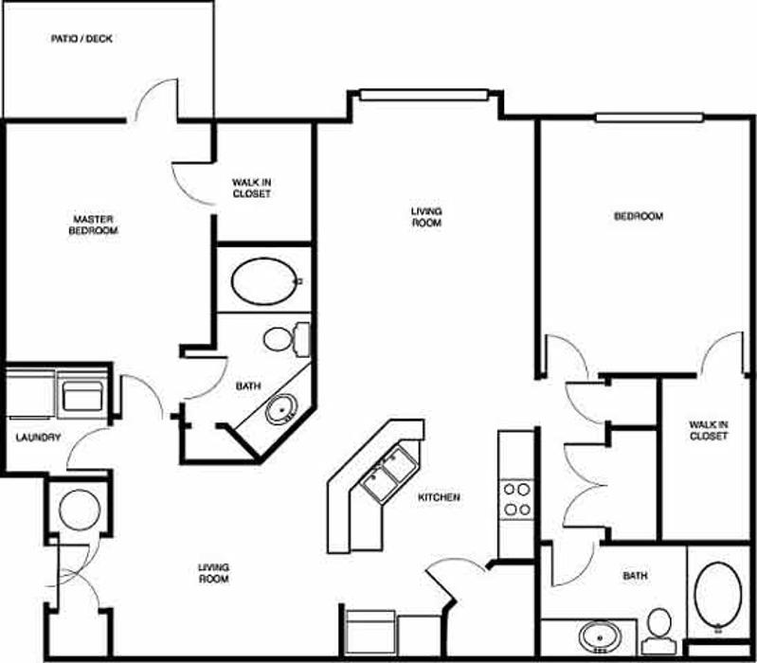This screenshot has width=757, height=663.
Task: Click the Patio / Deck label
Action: (81, 39)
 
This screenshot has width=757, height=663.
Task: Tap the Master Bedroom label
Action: (93, 224)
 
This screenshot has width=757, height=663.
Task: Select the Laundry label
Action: (39, 438)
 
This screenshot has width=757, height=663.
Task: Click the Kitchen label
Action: (439, 497)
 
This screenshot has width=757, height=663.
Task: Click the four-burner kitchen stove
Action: (516, 499)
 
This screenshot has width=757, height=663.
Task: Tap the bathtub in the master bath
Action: (263, 281)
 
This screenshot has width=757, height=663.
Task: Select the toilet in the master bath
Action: (286, 339)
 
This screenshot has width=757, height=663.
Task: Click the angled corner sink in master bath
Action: (280, 410)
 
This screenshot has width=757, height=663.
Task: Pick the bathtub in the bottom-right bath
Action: (718, 596)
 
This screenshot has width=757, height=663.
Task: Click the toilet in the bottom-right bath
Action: (659, 630)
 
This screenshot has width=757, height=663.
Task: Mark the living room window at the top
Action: (424, 95)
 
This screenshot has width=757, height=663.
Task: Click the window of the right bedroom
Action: (649, 117)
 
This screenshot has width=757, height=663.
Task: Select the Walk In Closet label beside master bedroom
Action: (251, 188)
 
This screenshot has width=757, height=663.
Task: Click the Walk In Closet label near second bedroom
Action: (709, 430)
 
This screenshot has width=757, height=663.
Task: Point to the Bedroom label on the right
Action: (639, 216)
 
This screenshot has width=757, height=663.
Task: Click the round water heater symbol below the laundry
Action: (80, 511)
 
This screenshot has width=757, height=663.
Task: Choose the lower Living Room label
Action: (213, 573)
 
